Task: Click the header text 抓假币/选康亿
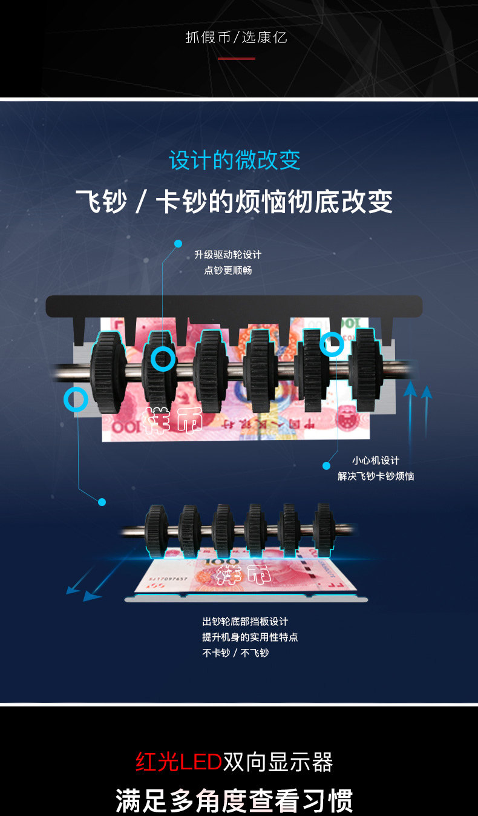pos(236,38)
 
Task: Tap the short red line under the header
pos(236,59)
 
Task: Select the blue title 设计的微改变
pos(235,160)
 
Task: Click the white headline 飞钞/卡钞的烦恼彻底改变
pos(234,202)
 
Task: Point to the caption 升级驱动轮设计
pos(228,255)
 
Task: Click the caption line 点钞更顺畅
pos(228,271)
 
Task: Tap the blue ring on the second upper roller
pos(163,359)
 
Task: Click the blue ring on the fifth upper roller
pos(332,344)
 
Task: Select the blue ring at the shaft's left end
pos(76,400)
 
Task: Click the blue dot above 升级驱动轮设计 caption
pos(178,243)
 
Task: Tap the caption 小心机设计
pos(376,461)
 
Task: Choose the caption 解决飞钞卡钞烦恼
pos(376,476)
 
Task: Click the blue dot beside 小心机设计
pos(327,466)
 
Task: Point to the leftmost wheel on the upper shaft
pos(107,372)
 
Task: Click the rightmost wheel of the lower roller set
pos(324,530)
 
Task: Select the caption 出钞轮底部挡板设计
pos(245,622)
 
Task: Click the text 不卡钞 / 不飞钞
pos(235,653)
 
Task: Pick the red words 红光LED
pos(178,762)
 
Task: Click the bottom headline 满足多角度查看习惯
pos(234,800)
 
